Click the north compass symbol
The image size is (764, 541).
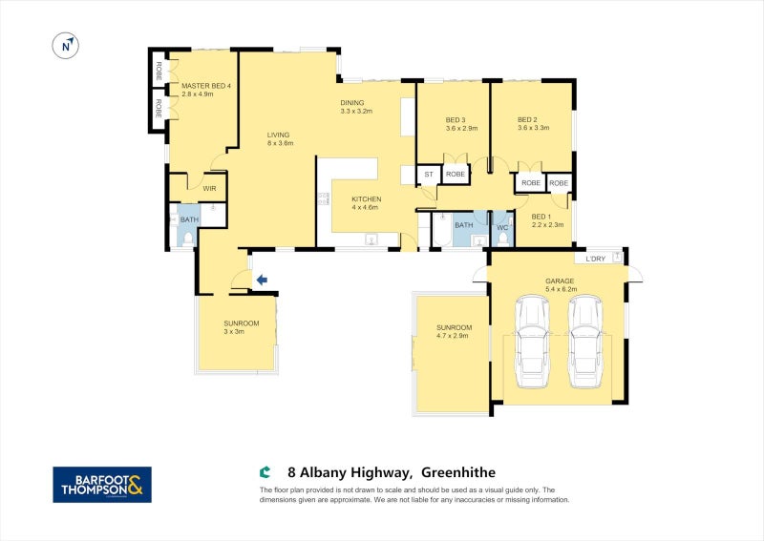pos(66,45)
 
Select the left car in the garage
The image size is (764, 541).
pos(531,342)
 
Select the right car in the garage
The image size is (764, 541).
pos(585,342)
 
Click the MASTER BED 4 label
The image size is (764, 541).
pos(205,91)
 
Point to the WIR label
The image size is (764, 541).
pos(209,189)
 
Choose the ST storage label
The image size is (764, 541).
pos(428,175)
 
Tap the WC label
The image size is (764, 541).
pos(501,228)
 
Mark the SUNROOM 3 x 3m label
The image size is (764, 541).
pos(234,327)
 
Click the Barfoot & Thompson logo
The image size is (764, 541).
pos(102,484)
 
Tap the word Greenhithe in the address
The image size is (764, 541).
pos(457,472)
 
